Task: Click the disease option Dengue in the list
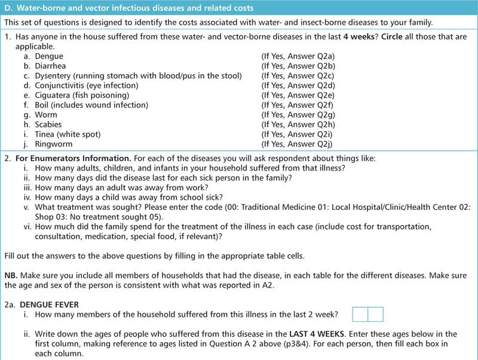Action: (x=50, y=56)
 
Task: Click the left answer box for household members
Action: (x=360, y=315)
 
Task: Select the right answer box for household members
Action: (x=375, y=315)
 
